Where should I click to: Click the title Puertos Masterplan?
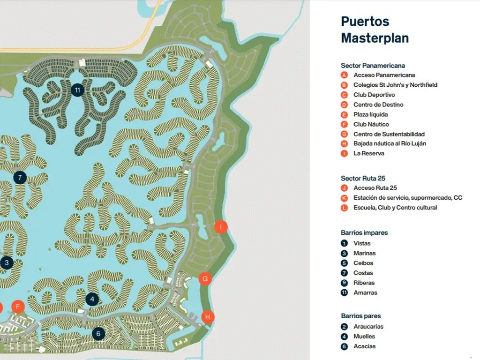(375, 30)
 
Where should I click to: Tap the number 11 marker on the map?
(77, 90)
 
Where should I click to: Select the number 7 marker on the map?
(20, 178)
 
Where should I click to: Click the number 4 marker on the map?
(92, 299)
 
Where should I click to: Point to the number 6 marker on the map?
(98, 334)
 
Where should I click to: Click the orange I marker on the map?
(221, 227)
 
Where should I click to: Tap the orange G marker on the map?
(205, 279)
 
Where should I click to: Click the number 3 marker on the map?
(7, 263)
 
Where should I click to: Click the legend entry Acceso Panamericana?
(384, 75)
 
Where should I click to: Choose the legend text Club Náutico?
(371, 124)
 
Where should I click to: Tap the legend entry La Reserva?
(368, 153)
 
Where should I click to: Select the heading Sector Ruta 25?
(363, 178)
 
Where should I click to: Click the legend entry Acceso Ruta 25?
(375, 188)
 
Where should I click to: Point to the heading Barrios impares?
(364, 232)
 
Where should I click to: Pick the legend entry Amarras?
(365, 292)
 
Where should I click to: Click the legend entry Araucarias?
(368, 326)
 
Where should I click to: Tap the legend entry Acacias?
(364, 346)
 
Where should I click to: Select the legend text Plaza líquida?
(370, 114)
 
